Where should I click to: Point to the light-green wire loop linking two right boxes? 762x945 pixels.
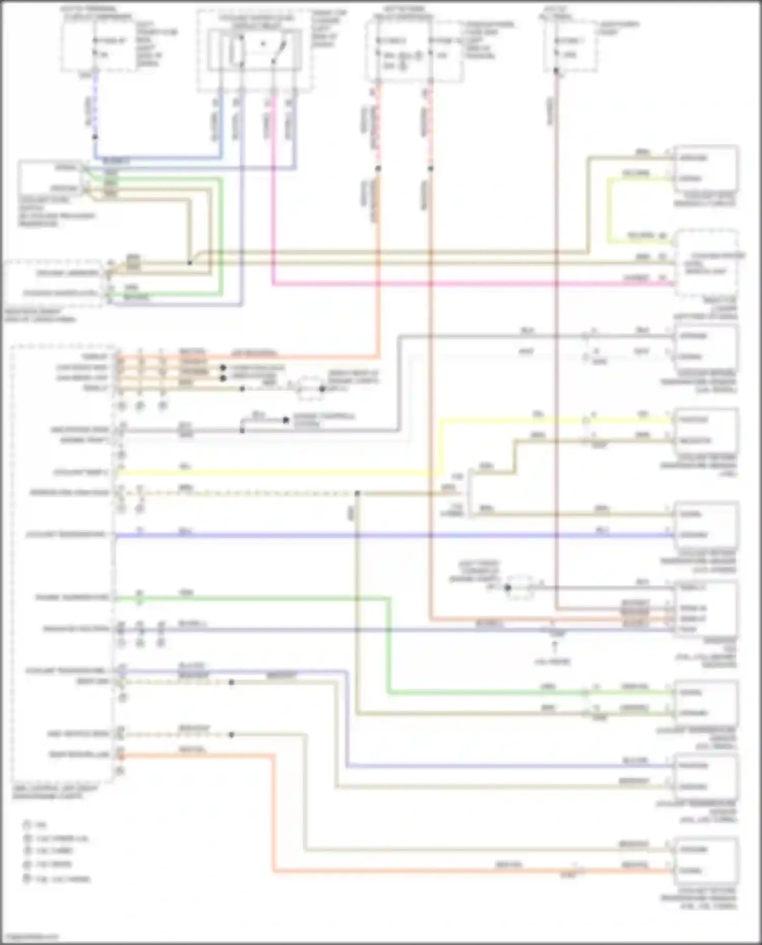point(610,208)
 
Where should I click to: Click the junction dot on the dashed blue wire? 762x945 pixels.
point(95,137)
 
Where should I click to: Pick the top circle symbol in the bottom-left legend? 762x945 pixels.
point(27,825)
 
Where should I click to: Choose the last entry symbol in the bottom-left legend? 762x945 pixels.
point(27,878)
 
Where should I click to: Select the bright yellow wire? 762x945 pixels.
point(274,473)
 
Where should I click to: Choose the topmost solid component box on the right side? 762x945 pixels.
point(706,168)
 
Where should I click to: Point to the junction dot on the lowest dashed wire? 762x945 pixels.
point(231,734)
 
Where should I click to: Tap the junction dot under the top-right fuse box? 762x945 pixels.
point(556,72)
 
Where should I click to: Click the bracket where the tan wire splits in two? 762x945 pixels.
point(469,493)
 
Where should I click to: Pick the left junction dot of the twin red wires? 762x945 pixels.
point(378,168)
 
